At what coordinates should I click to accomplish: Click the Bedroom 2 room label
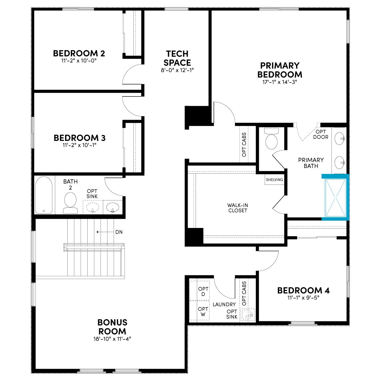coord(79,53)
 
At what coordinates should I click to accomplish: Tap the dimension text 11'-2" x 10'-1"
coord(79,145)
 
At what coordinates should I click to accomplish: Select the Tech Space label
coord(177,58)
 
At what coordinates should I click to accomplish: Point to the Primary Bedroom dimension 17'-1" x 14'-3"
coord(280,82)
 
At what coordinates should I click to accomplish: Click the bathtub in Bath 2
coord(44,195)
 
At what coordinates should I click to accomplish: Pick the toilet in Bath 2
coord(70,203)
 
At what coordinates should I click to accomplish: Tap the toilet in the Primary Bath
coord(271,139)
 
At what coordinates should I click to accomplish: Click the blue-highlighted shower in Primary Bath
coord(336,197)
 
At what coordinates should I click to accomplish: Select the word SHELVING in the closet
coord(274,179)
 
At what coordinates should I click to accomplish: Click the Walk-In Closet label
coord(237,208)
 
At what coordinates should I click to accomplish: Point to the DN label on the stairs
coord(119,232)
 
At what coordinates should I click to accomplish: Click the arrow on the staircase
coord(105,232)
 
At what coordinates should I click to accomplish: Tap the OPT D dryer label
coord(203,292)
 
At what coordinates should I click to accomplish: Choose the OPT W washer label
coord(203,311)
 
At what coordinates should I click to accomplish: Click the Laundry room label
coord(224,304)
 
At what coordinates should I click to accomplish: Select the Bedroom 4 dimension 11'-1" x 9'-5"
coord(303,297)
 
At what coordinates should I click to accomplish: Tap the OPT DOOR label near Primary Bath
coord(320,134)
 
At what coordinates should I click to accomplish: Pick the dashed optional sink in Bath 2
coord(92,207)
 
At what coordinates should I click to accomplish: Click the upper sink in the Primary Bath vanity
coord(339,138)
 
